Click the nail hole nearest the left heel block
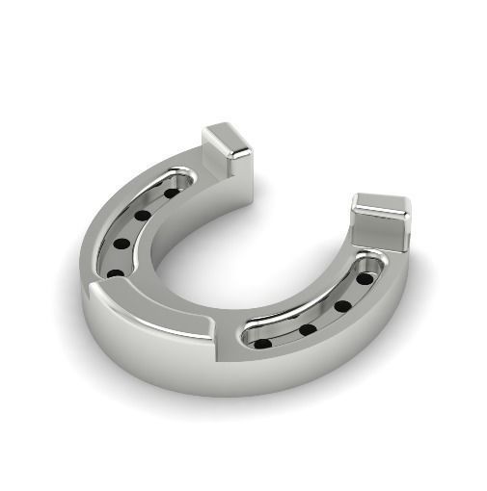(171, 193)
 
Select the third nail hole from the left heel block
(121, 244)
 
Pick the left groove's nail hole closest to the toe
(115, 273)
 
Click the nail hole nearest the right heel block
(364, 278)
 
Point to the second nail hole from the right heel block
(342, 306)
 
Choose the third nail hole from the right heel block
(307, 329)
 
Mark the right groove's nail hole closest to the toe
(262, 342)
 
